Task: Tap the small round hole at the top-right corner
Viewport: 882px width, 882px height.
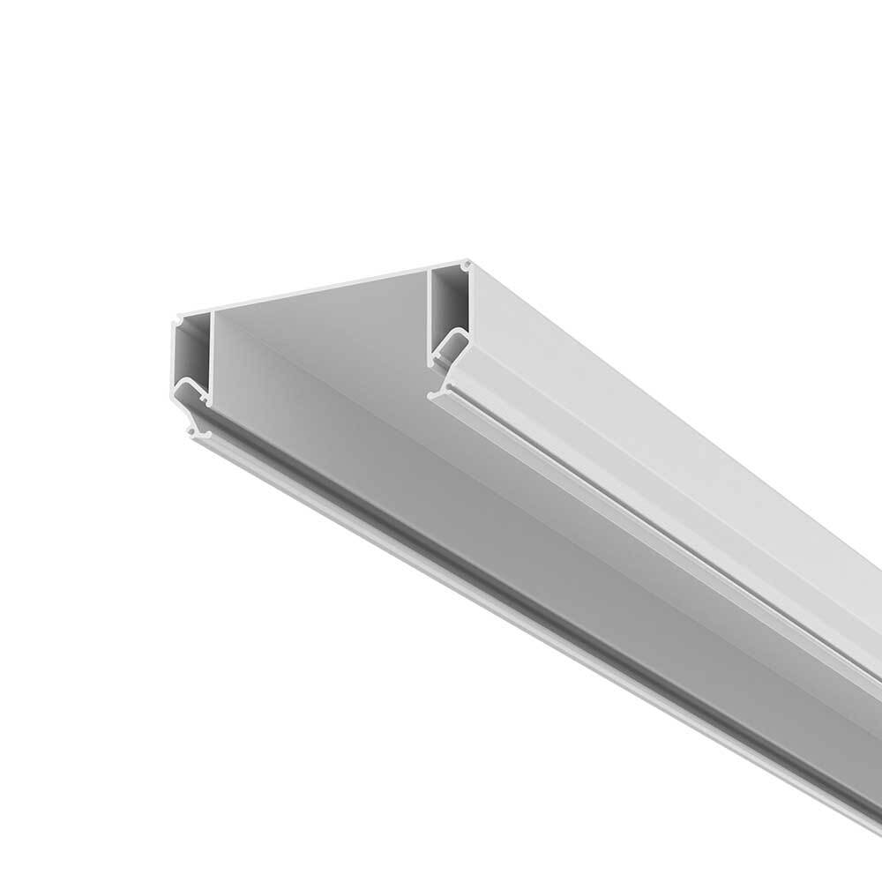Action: (464, 264)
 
